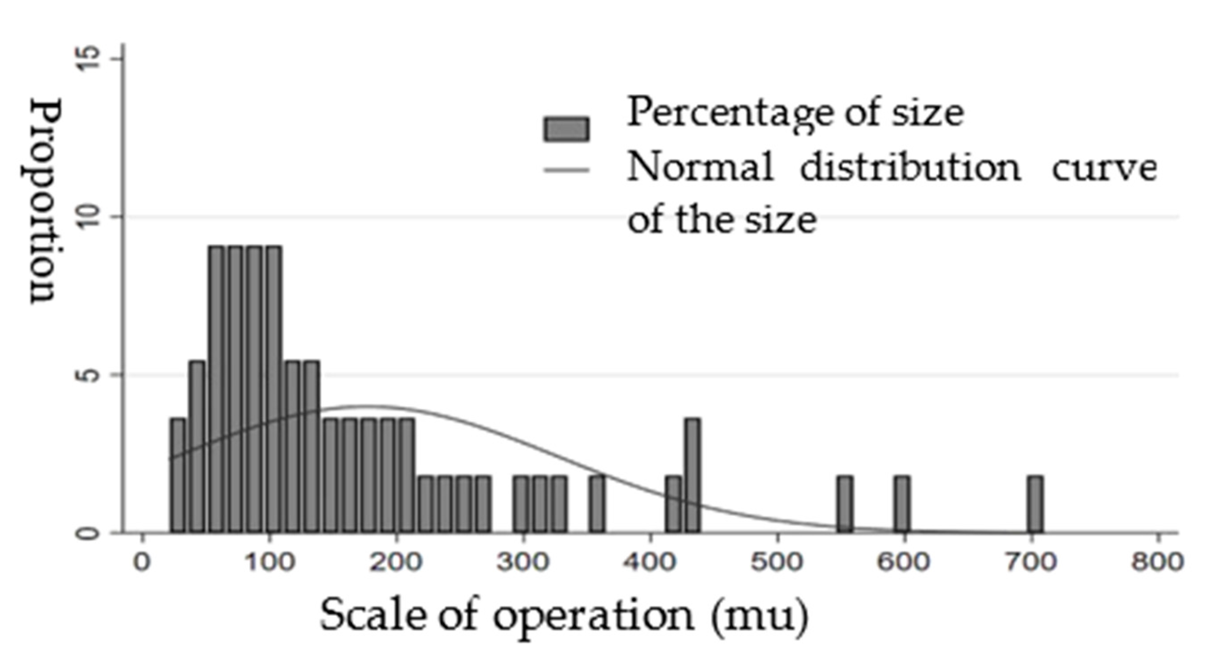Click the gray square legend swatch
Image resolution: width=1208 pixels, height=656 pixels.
click(x=566, y=129)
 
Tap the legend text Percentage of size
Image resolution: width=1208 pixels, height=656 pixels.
click(x=795, y=113)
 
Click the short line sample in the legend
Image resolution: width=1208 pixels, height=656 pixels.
click(x=566, y=169)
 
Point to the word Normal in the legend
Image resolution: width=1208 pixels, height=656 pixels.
click(x=700, y=168)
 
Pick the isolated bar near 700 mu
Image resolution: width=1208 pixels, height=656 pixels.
click(x=1036, y=504)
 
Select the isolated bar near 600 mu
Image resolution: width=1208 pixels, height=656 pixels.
click(x=902, y=504)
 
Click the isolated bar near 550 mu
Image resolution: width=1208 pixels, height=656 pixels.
click(x=845, y=504)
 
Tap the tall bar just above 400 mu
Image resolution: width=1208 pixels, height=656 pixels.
click(x=692, y=475)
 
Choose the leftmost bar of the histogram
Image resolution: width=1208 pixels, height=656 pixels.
click(x=178, y=475)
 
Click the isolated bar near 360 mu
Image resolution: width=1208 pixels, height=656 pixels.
click(x=597, y=504)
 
